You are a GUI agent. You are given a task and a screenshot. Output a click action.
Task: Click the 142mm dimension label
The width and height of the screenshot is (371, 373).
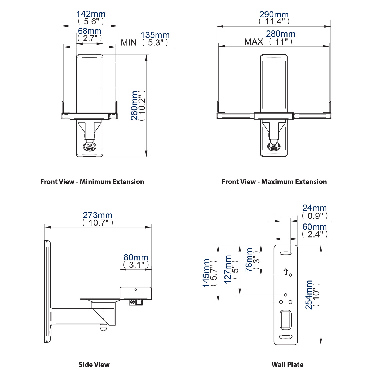[91, 14]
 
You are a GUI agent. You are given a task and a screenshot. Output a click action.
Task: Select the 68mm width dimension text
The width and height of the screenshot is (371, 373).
[90, 31]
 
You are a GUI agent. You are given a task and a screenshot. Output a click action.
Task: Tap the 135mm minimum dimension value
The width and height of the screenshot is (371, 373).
[155, 35]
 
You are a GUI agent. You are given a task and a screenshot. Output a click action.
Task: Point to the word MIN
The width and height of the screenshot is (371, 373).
[129, 42]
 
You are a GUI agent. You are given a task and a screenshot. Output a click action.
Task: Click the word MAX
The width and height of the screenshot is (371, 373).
[254, 42]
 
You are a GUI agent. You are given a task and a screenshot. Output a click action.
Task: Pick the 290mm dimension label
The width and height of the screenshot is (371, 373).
[274, 15]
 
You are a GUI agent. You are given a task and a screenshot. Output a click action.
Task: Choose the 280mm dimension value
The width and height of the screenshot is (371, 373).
[281, 34]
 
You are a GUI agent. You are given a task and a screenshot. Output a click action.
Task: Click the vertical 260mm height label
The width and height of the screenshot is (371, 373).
[135, 106]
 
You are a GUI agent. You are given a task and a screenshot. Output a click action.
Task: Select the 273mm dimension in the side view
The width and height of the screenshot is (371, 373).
[98, 215]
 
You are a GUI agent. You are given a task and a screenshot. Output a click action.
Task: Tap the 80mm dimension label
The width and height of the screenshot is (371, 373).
[136, 257]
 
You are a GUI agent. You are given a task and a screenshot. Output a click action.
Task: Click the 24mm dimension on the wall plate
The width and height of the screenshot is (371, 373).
[315, 208]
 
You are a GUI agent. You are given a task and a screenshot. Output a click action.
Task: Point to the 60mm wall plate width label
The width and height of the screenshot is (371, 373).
[315, 227]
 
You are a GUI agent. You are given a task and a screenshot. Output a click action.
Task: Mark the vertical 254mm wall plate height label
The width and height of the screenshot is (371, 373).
[309, 295]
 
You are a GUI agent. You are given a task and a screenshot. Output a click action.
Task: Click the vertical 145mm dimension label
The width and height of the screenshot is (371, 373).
[206, 273]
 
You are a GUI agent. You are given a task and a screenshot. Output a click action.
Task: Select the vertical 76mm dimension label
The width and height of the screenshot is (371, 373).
[249, 260]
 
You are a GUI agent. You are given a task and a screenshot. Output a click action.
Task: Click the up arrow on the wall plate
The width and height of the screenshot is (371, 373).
[285, 272]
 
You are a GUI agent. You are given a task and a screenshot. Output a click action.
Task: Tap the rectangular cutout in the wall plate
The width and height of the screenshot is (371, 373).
[286, 319]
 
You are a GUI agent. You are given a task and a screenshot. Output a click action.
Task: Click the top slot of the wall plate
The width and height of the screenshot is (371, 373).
[286, 253]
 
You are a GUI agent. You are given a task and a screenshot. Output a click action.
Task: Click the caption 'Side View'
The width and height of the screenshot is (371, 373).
[94, 365]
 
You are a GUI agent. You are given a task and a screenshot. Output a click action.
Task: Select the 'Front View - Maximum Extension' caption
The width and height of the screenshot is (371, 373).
[274, 182]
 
